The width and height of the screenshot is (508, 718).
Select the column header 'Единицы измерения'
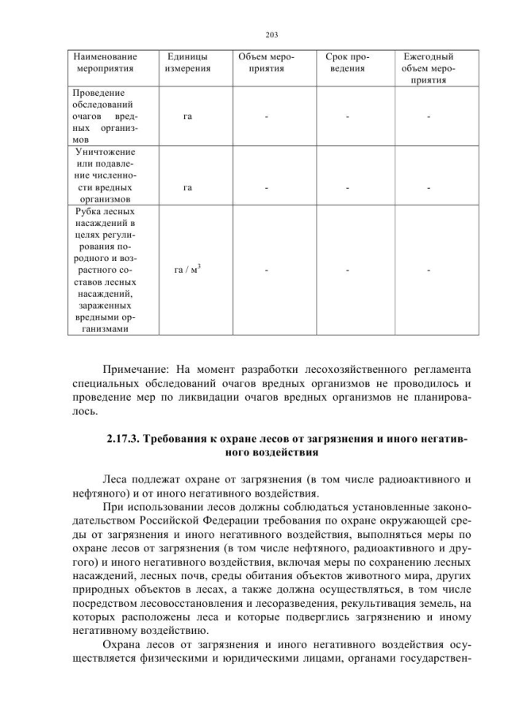[187, 63]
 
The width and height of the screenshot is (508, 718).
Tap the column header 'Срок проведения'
[347, 63]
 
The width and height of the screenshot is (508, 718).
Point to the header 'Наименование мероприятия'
[105, 63]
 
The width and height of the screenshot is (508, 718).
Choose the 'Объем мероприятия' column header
[267, 63]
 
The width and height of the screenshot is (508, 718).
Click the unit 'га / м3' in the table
[187, 271]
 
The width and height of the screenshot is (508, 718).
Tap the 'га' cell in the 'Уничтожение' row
[187, 188]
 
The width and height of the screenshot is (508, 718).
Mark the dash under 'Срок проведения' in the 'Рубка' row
[347, 271]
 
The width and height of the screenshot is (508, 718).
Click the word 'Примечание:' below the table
[138, 369]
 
